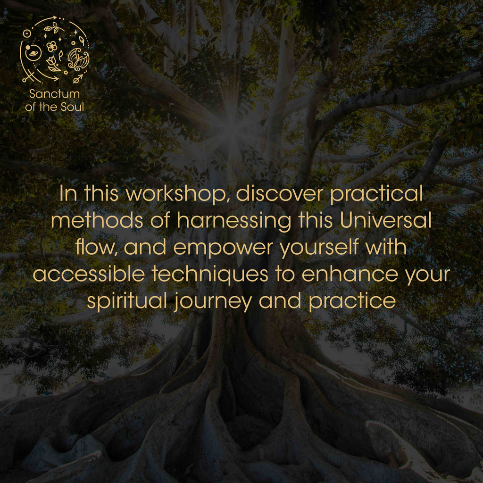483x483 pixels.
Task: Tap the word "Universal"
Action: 385,221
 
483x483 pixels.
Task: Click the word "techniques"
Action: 210,275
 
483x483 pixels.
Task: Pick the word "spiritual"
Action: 127,301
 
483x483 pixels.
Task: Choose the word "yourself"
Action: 319,248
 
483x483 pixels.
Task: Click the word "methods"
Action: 97,221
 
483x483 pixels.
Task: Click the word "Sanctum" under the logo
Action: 54,94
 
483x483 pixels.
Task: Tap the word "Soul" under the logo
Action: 72,107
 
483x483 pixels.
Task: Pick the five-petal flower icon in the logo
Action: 52,47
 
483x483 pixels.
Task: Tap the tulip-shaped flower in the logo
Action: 53,64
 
